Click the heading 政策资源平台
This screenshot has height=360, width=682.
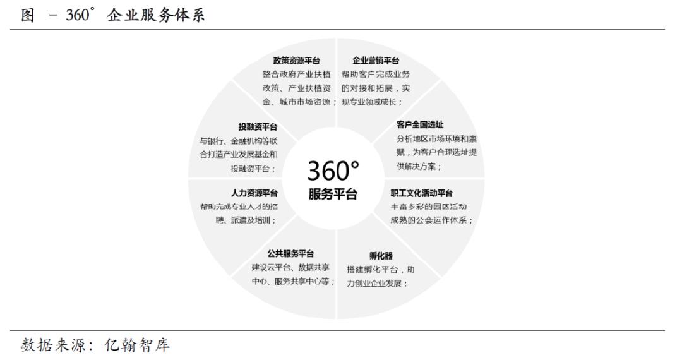(297, 61)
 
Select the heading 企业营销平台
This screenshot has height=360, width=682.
(376, 61)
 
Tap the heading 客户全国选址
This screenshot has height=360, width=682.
(420, 125)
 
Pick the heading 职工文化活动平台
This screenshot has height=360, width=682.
(421, 193)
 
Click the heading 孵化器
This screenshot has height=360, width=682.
(381, 256)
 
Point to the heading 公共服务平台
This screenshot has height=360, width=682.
(290, 253)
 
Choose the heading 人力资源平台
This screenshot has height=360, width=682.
(254, 193)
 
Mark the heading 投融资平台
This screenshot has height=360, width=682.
(258, 127)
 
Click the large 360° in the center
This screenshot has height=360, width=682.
(333, 171)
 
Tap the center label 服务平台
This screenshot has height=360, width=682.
(333, 194)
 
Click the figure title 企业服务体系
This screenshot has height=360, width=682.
(156, 15)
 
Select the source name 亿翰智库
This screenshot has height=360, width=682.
(136, 345)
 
